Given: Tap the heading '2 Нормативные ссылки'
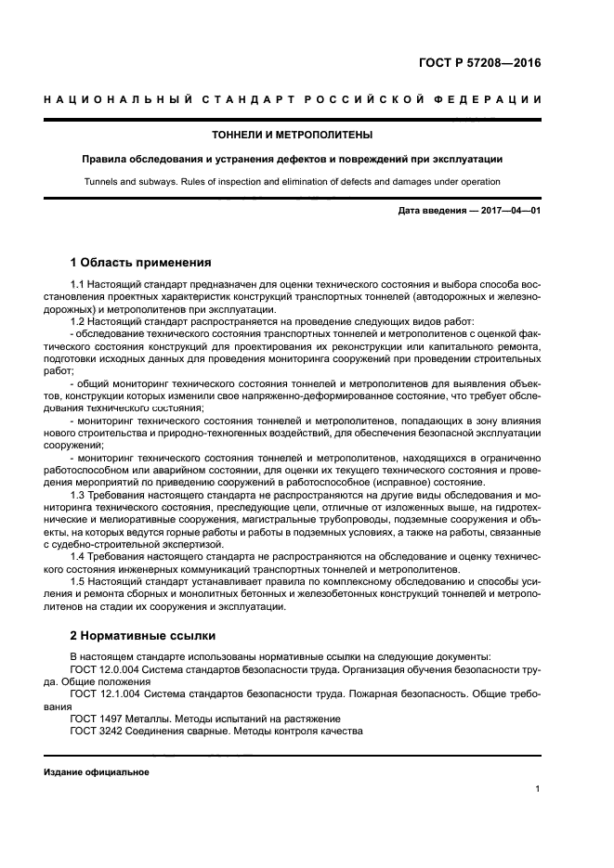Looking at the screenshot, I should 142,636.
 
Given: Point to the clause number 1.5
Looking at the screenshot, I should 79,582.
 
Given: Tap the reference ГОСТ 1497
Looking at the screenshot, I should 95,719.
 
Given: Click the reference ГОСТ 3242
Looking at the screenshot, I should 95,731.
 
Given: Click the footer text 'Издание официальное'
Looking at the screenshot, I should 97,771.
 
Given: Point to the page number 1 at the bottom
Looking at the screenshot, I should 538,789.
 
